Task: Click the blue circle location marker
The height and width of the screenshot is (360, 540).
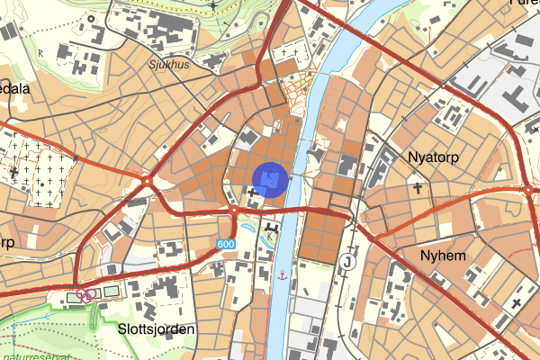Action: (x=270, y=179)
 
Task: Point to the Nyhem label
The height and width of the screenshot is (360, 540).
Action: (x=443, y=256)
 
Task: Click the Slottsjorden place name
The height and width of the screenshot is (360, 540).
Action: (x=156, y=329)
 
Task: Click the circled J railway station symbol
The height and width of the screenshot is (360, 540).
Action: (x=348, y=261)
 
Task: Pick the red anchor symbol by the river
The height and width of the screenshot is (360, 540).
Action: (x=282, y=274)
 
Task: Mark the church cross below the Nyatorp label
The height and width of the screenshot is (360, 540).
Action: (x=418, y=187)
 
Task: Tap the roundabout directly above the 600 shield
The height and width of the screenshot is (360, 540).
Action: (x=233, y=211)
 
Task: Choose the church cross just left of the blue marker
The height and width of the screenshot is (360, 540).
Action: (x=251, y=193)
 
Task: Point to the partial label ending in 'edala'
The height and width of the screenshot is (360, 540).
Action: (x=15, y=89)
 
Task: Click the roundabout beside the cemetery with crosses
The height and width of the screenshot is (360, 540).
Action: (x=147, y=182)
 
